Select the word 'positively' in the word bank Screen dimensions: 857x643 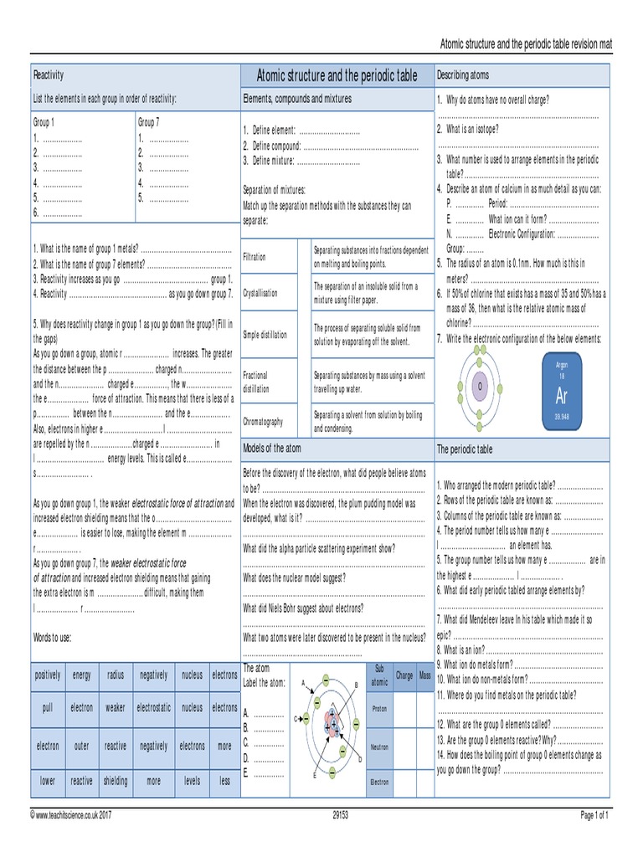pos(48,675)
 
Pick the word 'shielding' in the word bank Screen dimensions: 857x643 pos(116,781)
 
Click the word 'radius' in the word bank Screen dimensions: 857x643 pos(116,675)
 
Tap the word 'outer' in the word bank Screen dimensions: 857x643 pos(82,746)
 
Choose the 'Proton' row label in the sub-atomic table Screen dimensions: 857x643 pos(379,710)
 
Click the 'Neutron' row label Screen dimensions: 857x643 pos(379,747)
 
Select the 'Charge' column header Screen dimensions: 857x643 pos(404,675)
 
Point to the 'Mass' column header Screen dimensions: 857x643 pos(425,675)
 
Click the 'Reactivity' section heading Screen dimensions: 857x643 pos(49,75)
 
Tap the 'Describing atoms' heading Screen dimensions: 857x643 pos(463,75)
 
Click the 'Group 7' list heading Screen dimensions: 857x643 pos(151,121)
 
